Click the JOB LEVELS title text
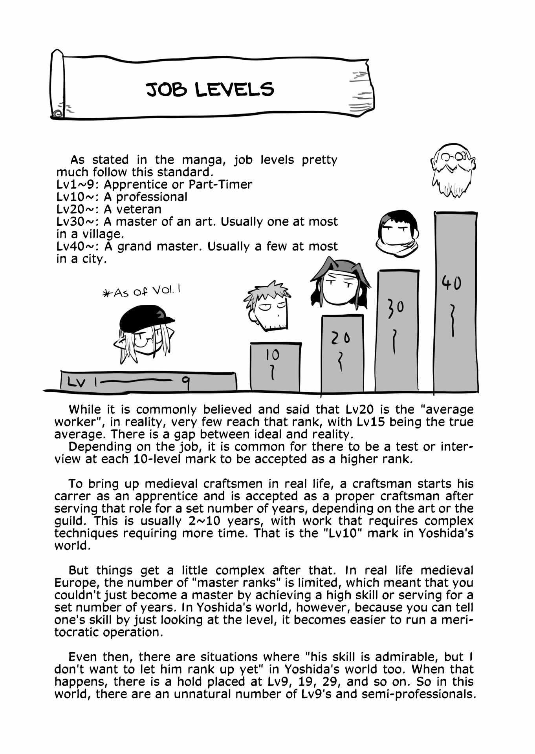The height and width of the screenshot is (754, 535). [x=210, y=90]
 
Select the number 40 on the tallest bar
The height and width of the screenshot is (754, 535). [x=451, y=282]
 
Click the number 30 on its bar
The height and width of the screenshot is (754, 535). [x=396, y=308]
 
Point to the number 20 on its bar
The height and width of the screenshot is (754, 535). [x=340, y=338]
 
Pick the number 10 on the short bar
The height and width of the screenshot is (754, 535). [x=272, y=355]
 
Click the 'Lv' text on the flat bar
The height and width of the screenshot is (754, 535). [x=76, y=382]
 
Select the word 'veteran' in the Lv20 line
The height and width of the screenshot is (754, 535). [x=139, y=209]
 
